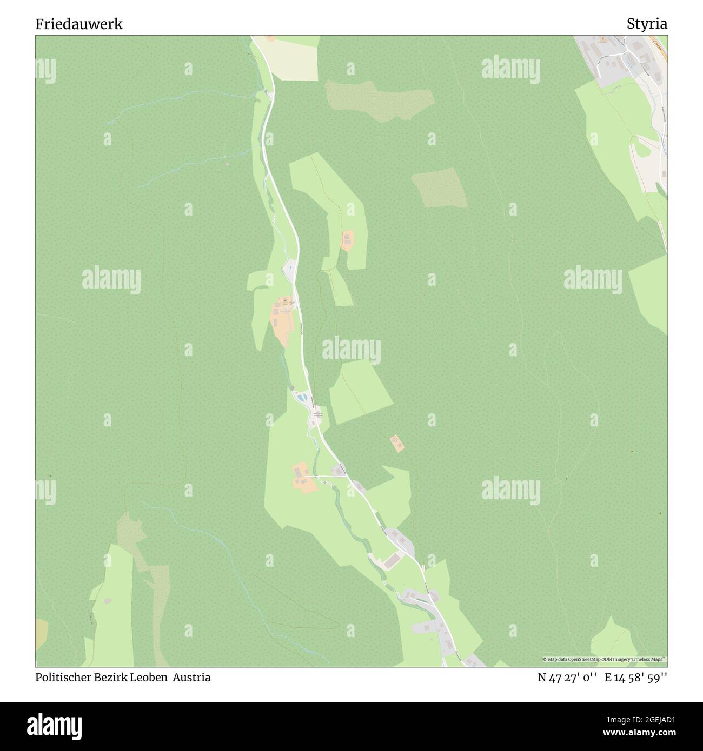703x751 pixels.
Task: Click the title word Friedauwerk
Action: (x=79, y=24)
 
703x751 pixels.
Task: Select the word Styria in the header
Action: (x=647, y=24)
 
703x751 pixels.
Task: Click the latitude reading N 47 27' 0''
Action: (x=567, y=677)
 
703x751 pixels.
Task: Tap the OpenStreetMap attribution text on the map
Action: (x=605, y=659)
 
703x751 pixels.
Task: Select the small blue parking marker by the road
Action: (x=290, y=266)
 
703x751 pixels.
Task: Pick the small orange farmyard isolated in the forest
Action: (x=397, y=443)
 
